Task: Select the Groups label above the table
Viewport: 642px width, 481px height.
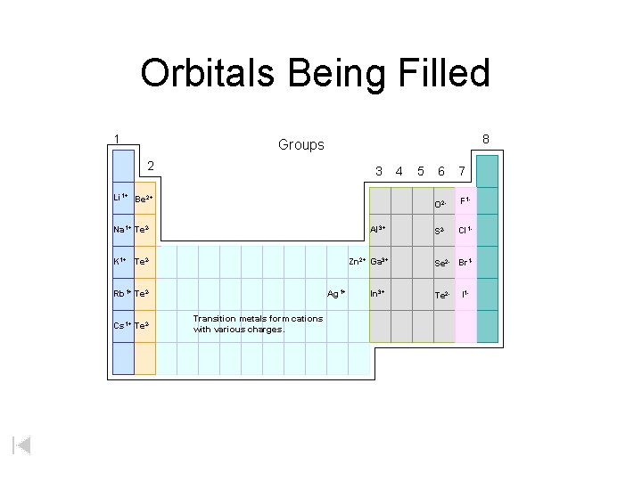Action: [x=301, y=144]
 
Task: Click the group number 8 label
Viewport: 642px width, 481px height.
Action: [x=486, y=139]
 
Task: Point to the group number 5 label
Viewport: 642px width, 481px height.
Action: [x=419, y=170]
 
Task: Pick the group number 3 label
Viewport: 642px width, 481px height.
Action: [x=379, y=170]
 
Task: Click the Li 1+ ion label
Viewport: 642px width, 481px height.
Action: [x=120, y=197]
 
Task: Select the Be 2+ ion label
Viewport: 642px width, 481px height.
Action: [x=144, y=199]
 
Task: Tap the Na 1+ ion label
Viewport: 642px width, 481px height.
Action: [x=121, y=230]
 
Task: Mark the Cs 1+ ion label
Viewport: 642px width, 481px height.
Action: [x=121, y=324]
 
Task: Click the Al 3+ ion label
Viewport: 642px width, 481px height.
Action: [x=377, y=230]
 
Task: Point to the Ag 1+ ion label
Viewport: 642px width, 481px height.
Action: [x=336, y=293]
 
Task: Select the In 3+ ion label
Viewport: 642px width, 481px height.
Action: [x=377, y=293]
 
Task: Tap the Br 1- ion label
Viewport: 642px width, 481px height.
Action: [x=465, y=263]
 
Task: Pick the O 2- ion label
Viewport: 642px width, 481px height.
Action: [x=440, y=205]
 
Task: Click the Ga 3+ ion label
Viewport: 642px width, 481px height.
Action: [x=379, y=262]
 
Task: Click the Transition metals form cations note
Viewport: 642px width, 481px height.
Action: [x=258, y=324]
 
